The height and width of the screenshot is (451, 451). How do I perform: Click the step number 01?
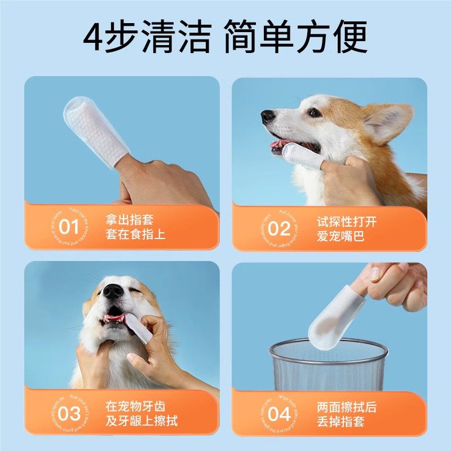coord(69,228)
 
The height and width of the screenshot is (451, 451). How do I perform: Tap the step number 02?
coord(278,228)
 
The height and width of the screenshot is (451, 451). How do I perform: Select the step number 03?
coord(69,413)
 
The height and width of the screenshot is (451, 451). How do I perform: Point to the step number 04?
coord(278,414)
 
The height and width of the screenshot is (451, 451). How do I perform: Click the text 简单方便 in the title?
coord(295,37)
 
